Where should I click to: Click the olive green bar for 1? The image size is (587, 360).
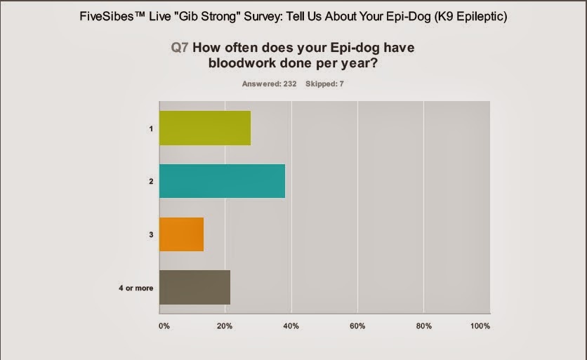[205, 128]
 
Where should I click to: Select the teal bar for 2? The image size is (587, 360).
[222, 181]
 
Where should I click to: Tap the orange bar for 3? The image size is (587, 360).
[181, 234]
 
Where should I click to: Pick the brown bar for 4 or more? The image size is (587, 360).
[194, 287]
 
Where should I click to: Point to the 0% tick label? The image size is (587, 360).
[164, 326]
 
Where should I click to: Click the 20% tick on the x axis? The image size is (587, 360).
[225, 326]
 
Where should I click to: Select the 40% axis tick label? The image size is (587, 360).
[291, 326]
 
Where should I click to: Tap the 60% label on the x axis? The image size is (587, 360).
[357, 326]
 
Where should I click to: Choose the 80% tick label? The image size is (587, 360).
[423, 326]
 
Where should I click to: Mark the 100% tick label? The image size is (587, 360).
[480, 326]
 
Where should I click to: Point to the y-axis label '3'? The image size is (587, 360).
[151, 234]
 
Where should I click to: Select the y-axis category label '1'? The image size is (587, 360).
[151, 128]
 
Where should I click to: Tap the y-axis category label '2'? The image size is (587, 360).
[151, 182]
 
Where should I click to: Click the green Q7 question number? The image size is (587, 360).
[179, 48]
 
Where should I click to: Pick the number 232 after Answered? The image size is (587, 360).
[289, 84]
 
